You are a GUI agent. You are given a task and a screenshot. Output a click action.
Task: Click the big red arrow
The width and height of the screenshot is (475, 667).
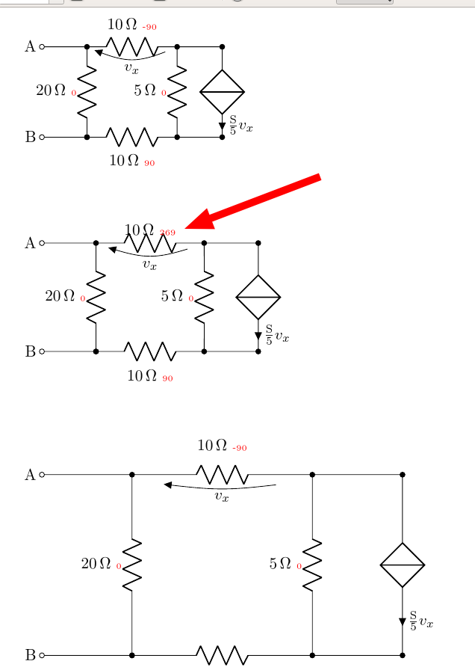click(254, 202)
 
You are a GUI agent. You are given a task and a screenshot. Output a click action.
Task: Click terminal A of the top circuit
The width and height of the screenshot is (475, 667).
click(42, 46)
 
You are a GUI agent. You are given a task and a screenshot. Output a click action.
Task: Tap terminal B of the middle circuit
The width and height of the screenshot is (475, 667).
click(42, 351)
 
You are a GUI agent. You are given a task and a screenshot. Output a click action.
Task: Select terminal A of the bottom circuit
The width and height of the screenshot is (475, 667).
click(42, 474)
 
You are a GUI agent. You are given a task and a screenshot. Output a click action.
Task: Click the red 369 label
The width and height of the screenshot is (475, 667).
click(167, 233)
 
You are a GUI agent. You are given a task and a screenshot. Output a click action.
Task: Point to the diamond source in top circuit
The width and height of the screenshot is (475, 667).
click(222, 92)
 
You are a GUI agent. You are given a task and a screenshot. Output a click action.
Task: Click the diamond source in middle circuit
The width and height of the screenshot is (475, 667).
click(258, 297)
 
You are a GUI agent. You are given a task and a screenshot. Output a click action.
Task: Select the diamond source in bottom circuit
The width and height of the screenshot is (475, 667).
click(403, 565)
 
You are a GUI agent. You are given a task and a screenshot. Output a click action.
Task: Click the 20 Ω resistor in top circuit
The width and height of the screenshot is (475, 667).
click(87, 91)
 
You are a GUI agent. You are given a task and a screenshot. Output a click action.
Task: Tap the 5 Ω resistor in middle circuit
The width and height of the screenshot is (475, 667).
click(204, 297)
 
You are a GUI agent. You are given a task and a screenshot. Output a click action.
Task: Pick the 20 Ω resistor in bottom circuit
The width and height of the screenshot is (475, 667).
click(132, 565)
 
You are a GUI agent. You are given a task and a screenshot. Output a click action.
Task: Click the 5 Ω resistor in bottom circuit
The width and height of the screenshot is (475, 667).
click(312, 565)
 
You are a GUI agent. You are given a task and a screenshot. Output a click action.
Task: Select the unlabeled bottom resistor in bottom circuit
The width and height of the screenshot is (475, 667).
click(223, 655)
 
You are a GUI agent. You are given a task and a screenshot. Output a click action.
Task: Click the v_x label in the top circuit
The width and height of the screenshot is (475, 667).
click(131, 69)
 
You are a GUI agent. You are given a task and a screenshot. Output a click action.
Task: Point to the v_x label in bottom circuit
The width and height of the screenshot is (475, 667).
click(221, 497)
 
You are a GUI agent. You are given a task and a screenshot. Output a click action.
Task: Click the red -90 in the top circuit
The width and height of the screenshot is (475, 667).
click(149, 27)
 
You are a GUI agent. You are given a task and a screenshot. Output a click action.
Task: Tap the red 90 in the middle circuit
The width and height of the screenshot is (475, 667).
click(167, 378)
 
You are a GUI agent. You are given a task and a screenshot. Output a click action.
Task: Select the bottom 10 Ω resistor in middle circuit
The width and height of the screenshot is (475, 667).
click(150, 351)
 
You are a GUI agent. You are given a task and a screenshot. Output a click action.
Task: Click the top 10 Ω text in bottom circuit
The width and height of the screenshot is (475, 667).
click(212, 446)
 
